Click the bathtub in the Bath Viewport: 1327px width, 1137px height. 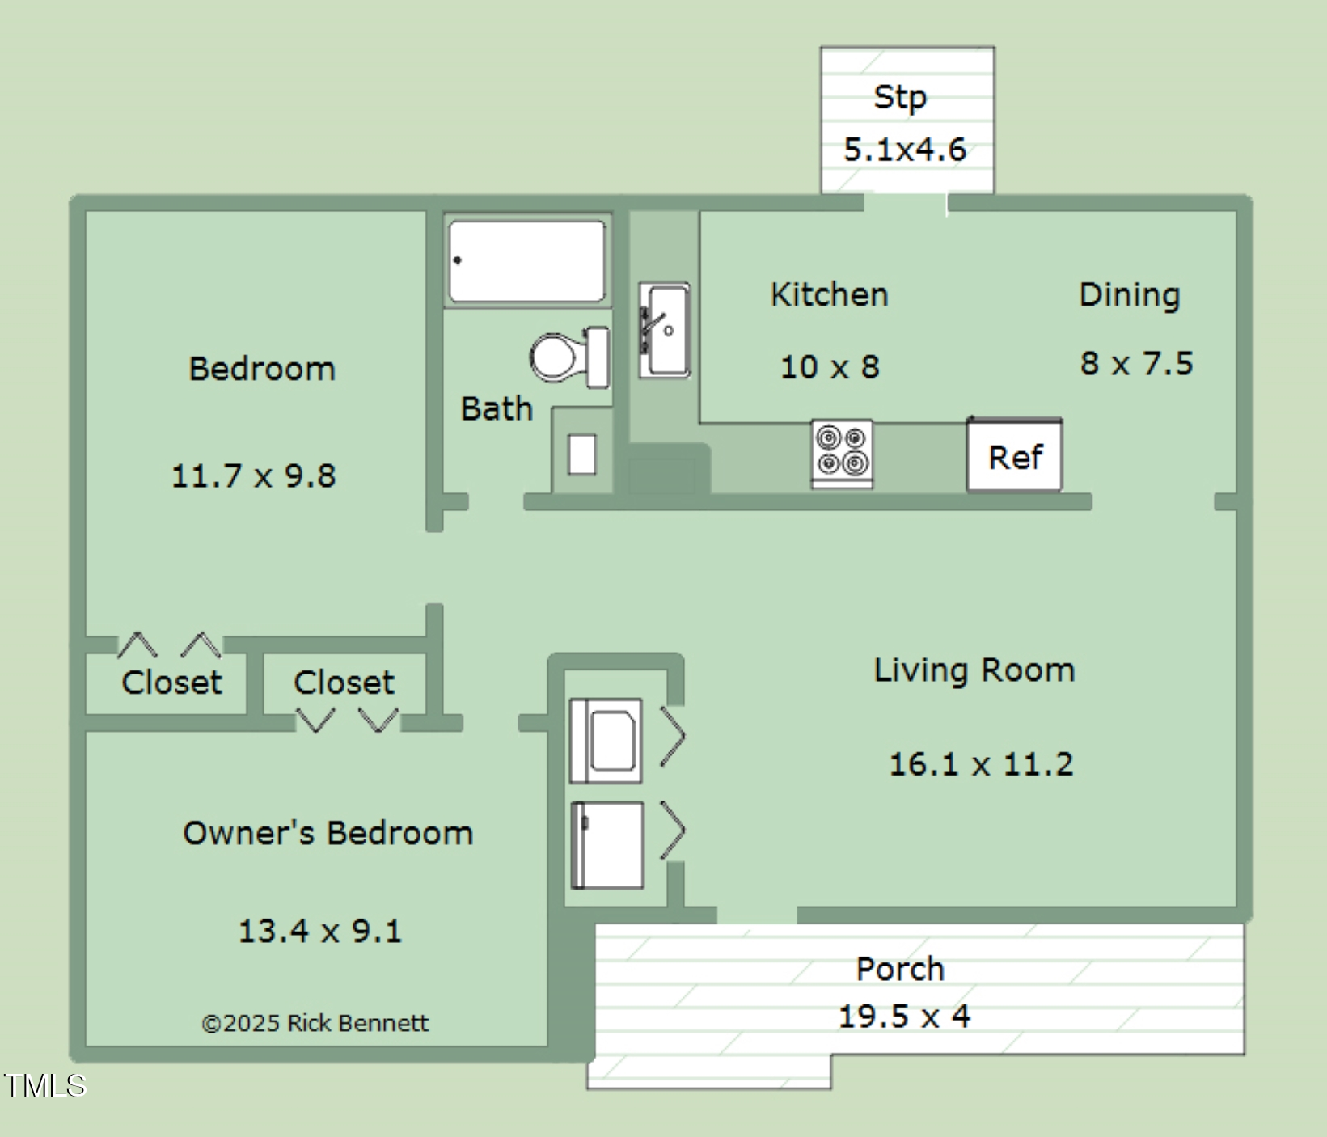(x=526, y=261)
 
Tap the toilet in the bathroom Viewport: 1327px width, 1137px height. (x=569, y=357)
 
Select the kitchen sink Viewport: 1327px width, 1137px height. (x=665, y=330)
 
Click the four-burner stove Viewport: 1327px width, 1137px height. (x=842, y=454)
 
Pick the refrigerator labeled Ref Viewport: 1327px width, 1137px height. (x=1015, y=454)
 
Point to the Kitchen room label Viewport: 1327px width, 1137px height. (x=830, y=294)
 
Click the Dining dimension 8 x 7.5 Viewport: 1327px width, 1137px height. (x=1136, y=364)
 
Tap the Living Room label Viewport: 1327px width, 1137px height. (x=974, y=671)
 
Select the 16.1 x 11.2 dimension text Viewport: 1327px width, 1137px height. (x=981, y=764)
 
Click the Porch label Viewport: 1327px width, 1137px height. (x=900, y=969)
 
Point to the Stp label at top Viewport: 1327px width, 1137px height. (x=900, y=98)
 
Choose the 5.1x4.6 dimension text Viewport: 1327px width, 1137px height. (x=905, y=150)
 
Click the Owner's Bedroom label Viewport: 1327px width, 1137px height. (x=328, y=833)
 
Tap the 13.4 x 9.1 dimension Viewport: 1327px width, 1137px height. (x=319, y=931)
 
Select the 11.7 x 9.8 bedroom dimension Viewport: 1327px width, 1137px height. (x=253, y=476)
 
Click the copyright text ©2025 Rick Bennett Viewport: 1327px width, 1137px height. (x=315, y=1023)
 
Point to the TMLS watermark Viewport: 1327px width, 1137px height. (x=44, y=1085)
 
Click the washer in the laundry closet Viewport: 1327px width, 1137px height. (x=606, y=741)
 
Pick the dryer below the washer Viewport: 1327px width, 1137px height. (x=607, y=845)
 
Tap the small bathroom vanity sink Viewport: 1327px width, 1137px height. (x=582, y=454)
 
